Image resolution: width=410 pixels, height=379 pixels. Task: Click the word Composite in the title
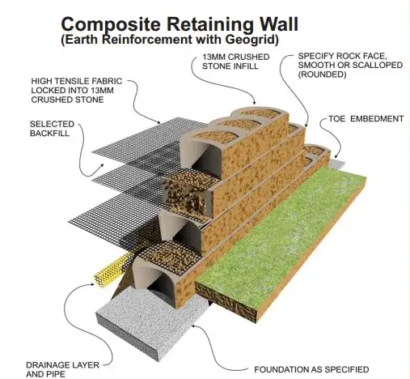[x=111, y=25]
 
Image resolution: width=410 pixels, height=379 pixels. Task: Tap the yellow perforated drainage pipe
[x=111, y=270]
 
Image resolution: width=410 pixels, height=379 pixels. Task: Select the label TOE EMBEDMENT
[x=366, y=119]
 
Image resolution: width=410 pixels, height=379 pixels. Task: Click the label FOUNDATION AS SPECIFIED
[x=311, y=369]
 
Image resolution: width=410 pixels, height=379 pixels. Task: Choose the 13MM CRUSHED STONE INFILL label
[x=236, y=62]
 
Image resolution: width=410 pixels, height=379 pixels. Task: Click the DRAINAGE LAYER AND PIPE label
[x=62, y=369]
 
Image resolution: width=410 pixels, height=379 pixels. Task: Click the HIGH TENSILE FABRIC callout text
[x=77, y=91]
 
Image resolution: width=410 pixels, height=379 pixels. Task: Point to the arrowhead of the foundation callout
[x=193, y=326]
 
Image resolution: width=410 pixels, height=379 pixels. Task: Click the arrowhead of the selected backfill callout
[x=102, y=165]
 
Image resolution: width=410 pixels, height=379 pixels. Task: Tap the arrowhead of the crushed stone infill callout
[x=254, y=102]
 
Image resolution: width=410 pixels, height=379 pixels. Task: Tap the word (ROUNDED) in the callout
[x=322, y=75]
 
